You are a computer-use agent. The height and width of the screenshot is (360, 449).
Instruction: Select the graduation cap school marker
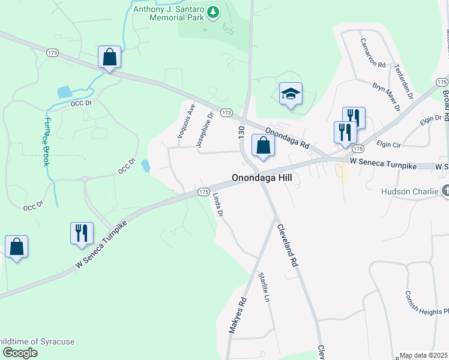coord(291,94)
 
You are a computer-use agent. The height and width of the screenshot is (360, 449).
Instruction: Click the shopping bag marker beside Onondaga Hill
coord(263,146)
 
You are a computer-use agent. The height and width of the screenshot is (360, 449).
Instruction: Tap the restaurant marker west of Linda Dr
coord(81,233)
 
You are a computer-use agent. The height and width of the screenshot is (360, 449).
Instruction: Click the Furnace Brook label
coord(47,140)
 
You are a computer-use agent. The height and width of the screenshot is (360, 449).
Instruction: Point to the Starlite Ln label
coord(263,286)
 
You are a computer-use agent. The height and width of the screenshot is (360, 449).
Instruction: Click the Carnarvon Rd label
coord(372,52)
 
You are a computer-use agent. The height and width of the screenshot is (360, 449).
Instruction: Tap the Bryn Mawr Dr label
coord(386,97)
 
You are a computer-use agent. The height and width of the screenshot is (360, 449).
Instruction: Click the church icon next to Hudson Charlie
coord(445,192)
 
